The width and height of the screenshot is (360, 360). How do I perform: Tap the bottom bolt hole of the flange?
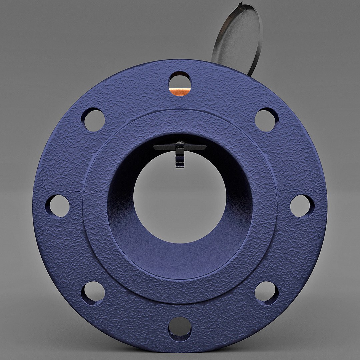(180, 326)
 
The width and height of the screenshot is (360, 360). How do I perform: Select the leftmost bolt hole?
(58, 206)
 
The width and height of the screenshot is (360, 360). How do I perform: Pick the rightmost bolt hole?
(302, 206)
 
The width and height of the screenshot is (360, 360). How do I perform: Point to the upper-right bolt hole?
(266, 120)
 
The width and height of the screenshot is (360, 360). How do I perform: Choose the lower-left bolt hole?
(93, 292)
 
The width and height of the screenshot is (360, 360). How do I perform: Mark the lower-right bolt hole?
(266, 292)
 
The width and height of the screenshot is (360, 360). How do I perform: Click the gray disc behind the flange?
(237, 37)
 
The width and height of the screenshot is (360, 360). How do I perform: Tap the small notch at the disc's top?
(241, 4)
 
